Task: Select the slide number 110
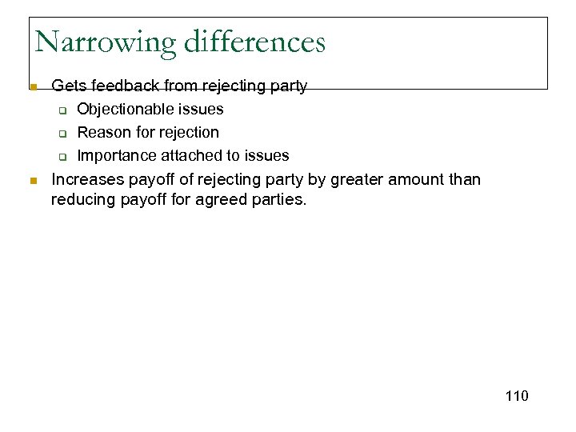(x=517, y=396)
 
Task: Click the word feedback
(x=122, y=86)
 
